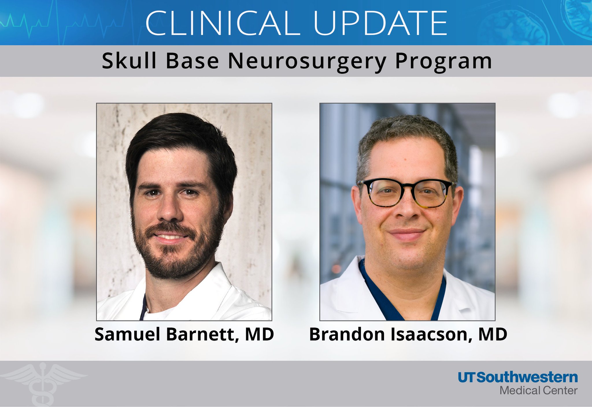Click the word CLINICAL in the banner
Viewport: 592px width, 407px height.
(223, 23)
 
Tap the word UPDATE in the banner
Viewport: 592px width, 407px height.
(380, 23)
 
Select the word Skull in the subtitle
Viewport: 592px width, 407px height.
(129, 61)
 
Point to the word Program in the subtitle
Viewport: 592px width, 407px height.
(443, 62)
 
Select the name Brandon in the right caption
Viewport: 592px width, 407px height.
(347, 334)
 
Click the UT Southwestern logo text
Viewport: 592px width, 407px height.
(517, 378)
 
